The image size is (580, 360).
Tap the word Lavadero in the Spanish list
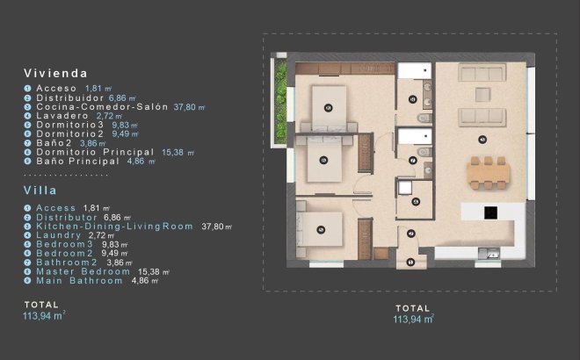[62, 116]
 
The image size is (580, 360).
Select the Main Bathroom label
[79, 281]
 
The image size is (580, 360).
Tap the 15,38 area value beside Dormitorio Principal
[178, 152]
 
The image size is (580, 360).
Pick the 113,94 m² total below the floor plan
[413, 320]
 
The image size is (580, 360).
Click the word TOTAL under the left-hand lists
[42, 303]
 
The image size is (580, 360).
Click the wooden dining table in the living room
[489, 172]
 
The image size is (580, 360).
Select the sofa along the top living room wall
[480, 74]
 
